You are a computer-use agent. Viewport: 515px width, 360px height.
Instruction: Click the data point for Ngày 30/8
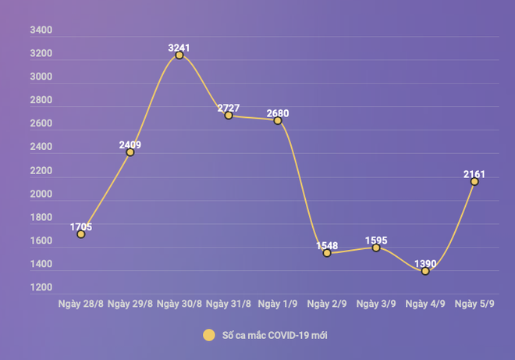point(179,55)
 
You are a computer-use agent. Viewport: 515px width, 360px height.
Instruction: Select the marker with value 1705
point(81,234)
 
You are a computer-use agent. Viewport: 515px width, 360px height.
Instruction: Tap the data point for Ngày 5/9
point(474,181)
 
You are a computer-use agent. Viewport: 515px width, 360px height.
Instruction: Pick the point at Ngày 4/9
point(425,271)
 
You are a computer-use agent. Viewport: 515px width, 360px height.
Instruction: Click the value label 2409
point(130,144)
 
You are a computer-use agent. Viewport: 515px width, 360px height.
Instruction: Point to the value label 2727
point(229,107)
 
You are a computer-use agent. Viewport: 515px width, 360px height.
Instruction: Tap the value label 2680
point(278,113)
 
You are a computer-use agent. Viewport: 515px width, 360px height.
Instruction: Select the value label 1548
point(327,245)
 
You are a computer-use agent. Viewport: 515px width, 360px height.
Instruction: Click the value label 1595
point(376,241)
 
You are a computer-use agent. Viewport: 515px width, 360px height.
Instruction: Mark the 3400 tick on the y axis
point(41,30)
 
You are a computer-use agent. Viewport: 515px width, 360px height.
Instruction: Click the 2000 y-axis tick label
point(41,194)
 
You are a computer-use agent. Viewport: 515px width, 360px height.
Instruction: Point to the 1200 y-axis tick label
point(41,288)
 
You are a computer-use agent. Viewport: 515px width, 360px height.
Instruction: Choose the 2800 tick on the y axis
point(41,101)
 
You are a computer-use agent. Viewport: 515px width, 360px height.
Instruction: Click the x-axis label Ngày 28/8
point(81,303)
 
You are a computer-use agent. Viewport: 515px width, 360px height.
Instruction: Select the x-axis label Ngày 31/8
point(229,303)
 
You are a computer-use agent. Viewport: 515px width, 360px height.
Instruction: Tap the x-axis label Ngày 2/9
point(327,303)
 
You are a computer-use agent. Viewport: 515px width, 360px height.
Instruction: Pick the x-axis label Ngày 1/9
point(278,303)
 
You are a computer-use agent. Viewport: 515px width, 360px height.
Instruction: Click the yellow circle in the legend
point(208,335)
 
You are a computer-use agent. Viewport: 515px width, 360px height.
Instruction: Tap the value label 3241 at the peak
point(179,48)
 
